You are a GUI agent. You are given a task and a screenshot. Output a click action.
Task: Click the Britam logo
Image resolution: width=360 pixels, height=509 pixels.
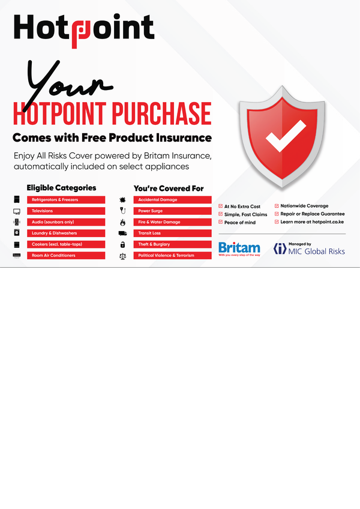239,248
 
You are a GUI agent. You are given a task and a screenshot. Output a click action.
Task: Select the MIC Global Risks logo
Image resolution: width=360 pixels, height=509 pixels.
309,248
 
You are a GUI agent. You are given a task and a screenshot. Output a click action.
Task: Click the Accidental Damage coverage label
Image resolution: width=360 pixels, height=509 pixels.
172,199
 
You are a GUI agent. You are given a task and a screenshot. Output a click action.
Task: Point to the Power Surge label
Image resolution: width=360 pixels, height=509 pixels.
172,211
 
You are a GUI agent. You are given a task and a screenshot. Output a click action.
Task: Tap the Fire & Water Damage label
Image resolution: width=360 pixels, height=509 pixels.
172,222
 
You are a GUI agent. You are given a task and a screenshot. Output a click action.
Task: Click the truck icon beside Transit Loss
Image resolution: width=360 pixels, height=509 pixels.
122,233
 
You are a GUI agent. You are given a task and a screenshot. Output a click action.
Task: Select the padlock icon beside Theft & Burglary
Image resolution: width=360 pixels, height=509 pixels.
122,244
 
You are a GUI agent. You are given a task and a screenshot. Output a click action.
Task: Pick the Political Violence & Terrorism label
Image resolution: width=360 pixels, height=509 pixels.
172,256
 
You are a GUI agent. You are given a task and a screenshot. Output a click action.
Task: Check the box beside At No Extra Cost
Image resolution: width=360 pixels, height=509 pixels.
220,206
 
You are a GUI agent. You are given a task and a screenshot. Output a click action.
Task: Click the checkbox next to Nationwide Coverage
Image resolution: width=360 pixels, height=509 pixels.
277,206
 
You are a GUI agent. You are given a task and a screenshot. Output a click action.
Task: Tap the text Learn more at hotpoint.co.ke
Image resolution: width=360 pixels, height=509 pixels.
312,221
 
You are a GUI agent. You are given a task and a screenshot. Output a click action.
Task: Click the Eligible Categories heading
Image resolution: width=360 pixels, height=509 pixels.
61,188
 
